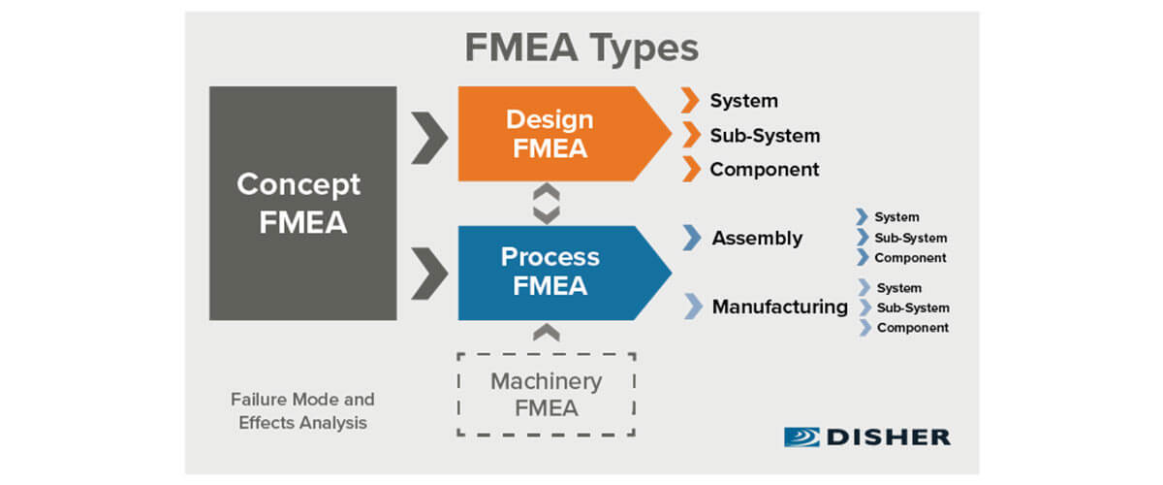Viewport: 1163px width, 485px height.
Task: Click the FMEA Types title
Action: coord(581,48)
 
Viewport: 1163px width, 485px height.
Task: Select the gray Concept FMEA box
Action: coord(302,203)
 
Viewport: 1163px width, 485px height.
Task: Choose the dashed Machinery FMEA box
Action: coord(547,394)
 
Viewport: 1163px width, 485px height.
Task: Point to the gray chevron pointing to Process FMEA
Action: coord(428,274)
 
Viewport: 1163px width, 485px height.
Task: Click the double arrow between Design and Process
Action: coord(547,204)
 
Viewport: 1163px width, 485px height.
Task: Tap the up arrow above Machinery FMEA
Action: coord(547,333)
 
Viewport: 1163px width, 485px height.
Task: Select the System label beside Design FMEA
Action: coord(743,101)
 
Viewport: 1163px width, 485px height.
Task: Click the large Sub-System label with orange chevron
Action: coord(764,136)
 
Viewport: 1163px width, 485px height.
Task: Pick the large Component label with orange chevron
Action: coord(764,170)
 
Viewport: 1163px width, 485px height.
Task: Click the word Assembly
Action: coord(757,238)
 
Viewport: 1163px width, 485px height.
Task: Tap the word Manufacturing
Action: coord(779,307)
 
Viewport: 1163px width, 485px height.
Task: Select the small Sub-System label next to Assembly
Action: coord(910,238)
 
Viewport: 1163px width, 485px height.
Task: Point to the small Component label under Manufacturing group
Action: coord(912,328)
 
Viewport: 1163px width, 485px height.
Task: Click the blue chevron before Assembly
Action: coord(691,238)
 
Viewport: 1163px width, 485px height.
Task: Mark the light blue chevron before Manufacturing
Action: coord(692,307)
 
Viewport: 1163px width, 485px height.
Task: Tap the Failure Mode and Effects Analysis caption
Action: coord(302,411)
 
